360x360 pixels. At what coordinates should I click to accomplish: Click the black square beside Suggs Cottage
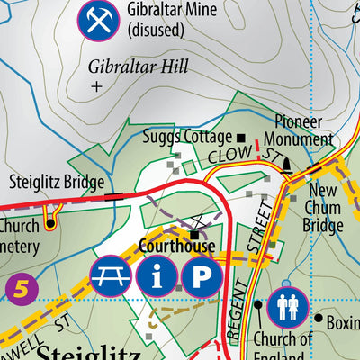240,137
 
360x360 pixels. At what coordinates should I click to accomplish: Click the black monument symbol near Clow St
287,164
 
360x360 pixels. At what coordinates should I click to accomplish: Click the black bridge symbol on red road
114,194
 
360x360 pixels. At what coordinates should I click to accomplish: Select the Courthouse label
176,246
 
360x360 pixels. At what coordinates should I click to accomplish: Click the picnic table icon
109,276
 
